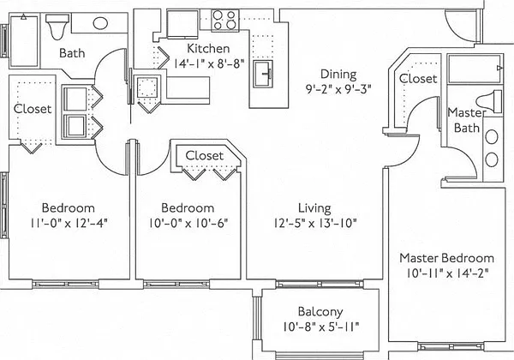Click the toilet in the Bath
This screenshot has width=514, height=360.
click(57, 26)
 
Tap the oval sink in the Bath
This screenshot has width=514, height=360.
click(100, 23)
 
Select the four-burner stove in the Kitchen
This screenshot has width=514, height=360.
click(224, 20)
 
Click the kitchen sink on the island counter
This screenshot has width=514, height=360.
click(263, 74)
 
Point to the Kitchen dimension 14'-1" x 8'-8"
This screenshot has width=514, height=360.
click(208, 63)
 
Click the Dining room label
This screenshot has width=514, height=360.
click(338, 74)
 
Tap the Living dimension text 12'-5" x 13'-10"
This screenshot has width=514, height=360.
click(315, 223)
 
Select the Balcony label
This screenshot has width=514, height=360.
click(320, 312)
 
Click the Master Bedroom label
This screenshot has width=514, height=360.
click(447, 258)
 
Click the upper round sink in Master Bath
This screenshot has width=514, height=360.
click(492, 137)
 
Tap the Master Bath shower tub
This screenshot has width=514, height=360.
click(475, 69)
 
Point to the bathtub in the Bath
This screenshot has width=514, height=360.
click(24, 40)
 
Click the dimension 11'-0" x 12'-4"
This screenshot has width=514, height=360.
click(69, 223)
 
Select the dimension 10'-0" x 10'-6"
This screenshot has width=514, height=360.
click(188, 223)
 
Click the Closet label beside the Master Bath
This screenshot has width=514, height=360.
click(418, 79)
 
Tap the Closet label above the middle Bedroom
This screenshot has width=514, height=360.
click(205, 155)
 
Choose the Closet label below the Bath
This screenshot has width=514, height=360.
click(33, 109)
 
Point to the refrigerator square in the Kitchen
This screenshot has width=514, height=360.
click(182, 24)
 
